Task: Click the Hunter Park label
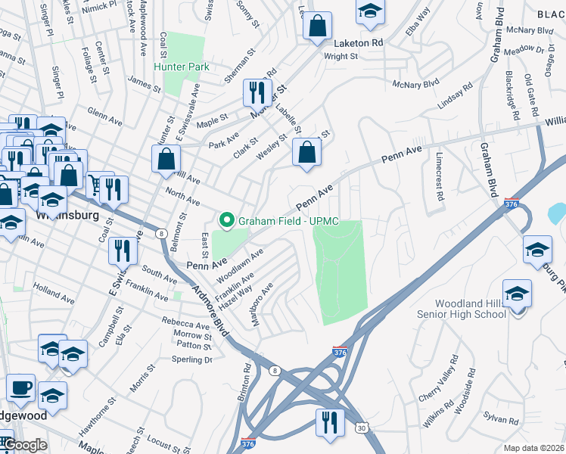coord(182,67)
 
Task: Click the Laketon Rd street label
coord(350,43)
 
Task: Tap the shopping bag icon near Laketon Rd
coord(318,25)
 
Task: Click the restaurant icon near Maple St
coord(257,92)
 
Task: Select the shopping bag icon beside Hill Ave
coord(166,159)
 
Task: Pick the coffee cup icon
coord(20,387)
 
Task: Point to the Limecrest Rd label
coord(438,176)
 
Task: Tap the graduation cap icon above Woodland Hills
coord(518,294)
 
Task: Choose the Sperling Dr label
coord(193,360)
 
